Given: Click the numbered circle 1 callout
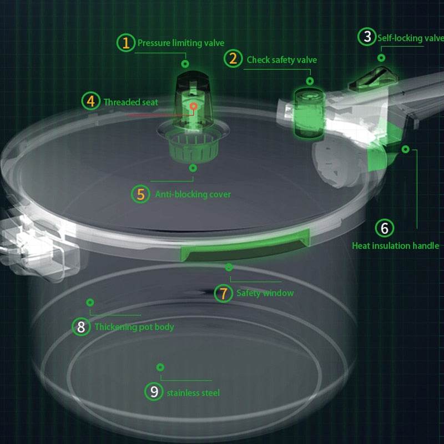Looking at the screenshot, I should coord(127,42).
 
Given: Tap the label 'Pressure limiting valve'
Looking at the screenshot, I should coord(181,43).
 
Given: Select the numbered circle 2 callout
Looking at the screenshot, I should coord(234,59).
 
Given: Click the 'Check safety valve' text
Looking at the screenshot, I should coord(281,59).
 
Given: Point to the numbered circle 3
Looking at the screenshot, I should coord(367,37).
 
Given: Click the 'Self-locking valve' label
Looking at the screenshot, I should coord(410,38).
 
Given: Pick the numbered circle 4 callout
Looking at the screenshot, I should coord(90,102).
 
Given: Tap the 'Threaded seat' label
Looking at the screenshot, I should coord(130,102).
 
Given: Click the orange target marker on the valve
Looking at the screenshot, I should coord(193,105).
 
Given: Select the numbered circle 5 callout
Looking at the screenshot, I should coord(141,194).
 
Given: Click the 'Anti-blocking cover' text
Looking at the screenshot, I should coord(193,194).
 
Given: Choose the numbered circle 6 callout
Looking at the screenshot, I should coord(384,228).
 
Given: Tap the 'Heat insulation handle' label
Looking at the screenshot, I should coord(395,245).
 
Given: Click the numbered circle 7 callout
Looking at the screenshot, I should coord(223,293).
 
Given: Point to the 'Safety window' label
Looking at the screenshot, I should coord(265,293).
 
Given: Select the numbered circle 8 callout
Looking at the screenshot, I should coord(82,327).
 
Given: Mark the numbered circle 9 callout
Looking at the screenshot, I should coord(154,392).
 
